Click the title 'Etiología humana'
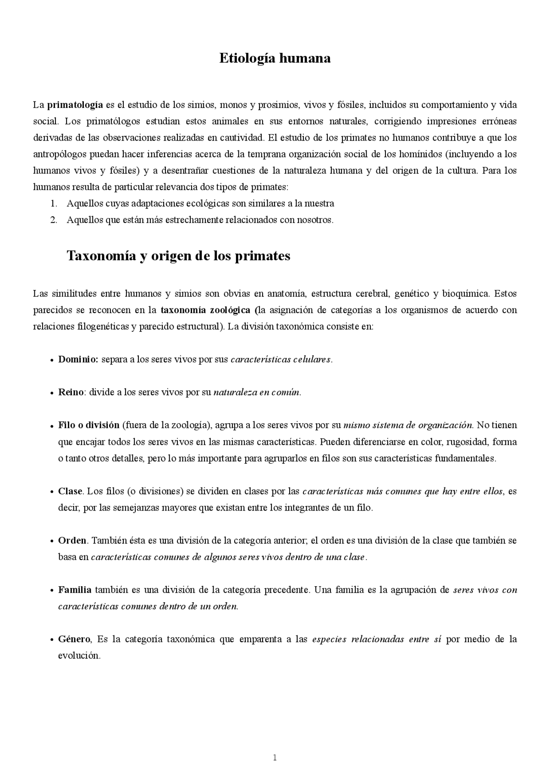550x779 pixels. coord(275,58)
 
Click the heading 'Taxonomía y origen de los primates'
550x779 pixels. coord(178,256)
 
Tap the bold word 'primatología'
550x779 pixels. coord(75,105)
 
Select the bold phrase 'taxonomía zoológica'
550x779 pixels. coord(205,310)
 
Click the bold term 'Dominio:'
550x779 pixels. coord(79,360)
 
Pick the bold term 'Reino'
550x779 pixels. coord(71,392)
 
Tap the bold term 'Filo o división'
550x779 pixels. coord(89,425)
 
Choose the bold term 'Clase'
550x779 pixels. coord(70,491)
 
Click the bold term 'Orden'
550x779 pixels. coord(72,541)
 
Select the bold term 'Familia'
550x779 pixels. coord(75,590)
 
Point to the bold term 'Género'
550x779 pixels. coord(74,639)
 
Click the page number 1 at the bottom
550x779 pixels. coord(275,757)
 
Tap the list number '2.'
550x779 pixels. coord(54,220)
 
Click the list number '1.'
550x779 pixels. coord(54,203)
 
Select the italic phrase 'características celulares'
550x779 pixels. coord(281,360)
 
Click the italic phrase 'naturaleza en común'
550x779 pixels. coord(257,392)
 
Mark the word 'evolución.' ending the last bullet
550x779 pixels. coord(79,656)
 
